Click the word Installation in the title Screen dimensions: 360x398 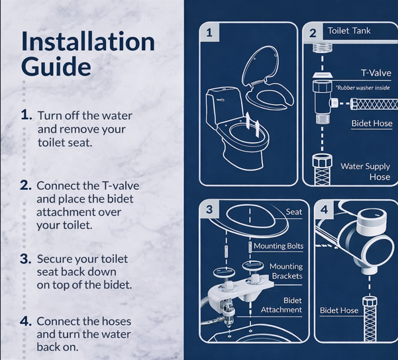pos(88,42)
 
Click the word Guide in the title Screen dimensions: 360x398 pos(56,66)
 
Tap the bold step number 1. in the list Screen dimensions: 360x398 pos(26,114)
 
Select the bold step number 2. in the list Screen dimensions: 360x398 pos(26,185)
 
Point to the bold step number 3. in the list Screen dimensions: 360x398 pos(26,258)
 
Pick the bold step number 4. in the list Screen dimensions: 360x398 pos(26,321)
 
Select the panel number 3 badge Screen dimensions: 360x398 pos(209,209)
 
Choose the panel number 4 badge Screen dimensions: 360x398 pos(324,210)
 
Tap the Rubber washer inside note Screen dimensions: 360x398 pos(364,87)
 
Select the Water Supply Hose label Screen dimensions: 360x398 pos(365,171)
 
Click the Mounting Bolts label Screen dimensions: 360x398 pos(278,246)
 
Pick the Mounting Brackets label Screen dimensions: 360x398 pos(285,271)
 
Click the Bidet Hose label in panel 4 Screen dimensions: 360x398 pos(339,310)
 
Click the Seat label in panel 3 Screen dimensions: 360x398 pos(294,212)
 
